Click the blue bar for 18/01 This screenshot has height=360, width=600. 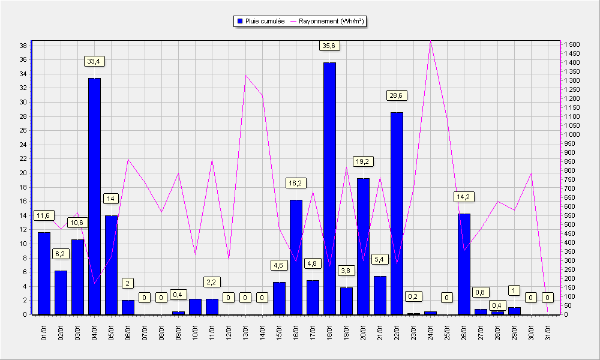tap(329, 188)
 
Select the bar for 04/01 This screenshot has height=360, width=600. tap(95, 196)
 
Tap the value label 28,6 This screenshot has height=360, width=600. tap(396, 95)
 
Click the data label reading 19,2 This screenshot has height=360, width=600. tap(362, 161)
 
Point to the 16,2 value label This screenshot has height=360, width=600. tap(295, 183)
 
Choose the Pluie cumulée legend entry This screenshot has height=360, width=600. tap(262, 22)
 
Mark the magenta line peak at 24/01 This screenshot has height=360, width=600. tap(430, 41)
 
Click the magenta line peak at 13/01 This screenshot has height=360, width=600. tap(245, 76)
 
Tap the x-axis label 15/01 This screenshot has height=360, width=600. tap(280, 332)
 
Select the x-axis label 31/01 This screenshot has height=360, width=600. tap(548, 332)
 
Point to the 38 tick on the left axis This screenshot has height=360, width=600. tap(23, 46)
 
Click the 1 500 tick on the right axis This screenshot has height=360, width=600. tap(572, 45)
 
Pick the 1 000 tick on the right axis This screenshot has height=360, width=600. tap(572, 134)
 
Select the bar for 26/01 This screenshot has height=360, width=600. tap(464, 265)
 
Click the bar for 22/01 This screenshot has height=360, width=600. tap(397, 214)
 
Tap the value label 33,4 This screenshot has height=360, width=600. tap(95, 61)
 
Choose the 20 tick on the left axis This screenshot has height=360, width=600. tap(23, 173)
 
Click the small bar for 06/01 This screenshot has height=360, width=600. tap(128, 308)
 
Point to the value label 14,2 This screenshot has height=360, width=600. tap(463, 197)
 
